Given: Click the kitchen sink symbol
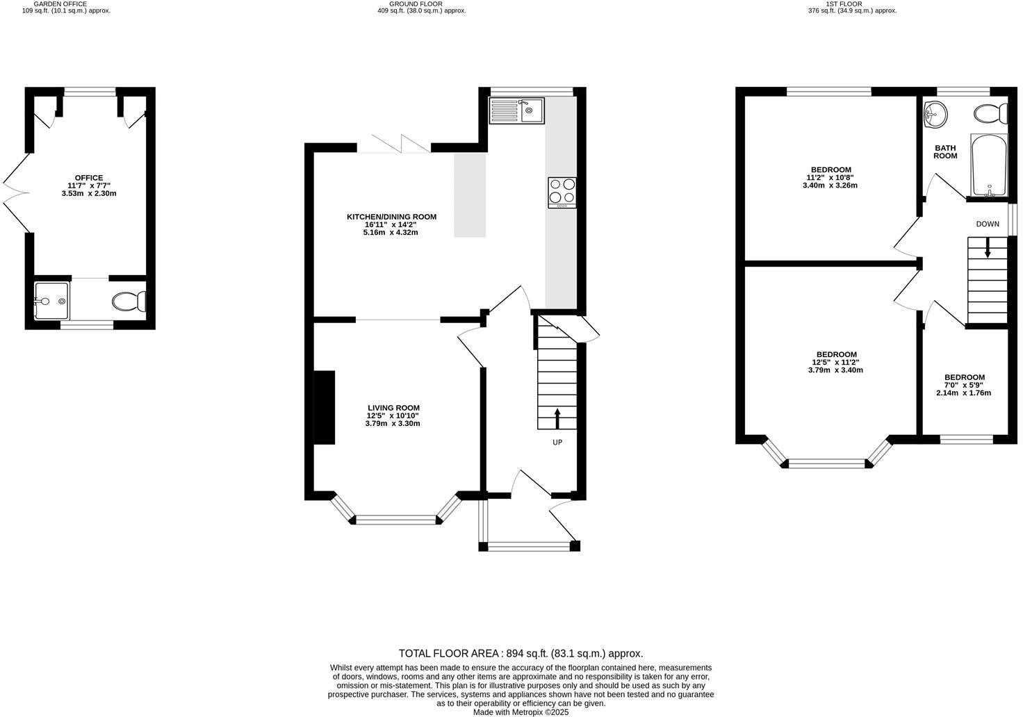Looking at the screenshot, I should point(517,110).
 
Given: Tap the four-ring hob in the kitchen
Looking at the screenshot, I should point(562,192).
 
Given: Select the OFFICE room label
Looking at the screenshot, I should point(89,178).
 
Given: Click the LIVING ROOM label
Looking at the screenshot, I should point(393,408).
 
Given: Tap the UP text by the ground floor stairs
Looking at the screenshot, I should point(557,442).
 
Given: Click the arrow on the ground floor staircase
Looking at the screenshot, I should point(557,418).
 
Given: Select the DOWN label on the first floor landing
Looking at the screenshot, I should point(988,224).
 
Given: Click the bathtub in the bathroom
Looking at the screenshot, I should point(989,165).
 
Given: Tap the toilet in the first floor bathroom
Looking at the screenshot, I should point(990,113).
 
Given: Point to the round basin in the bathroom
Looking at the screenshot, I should point(935,114).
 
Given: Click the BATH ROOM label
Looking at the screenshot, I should point(945,151).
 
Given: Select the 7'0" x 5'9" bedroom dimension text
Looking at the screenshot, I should point(964,385).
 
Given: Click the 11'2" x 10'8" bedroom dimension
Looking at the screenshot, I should point(831,178).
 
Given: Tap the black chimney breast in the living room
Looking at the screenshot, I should point(324,407).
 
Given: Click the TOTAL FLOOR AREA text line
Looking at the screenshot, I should point(521,653).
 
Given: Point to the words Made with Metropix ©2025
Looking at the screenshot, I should point(521,712).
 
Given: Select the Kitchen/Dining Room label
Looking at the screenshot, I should point(391,217).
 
